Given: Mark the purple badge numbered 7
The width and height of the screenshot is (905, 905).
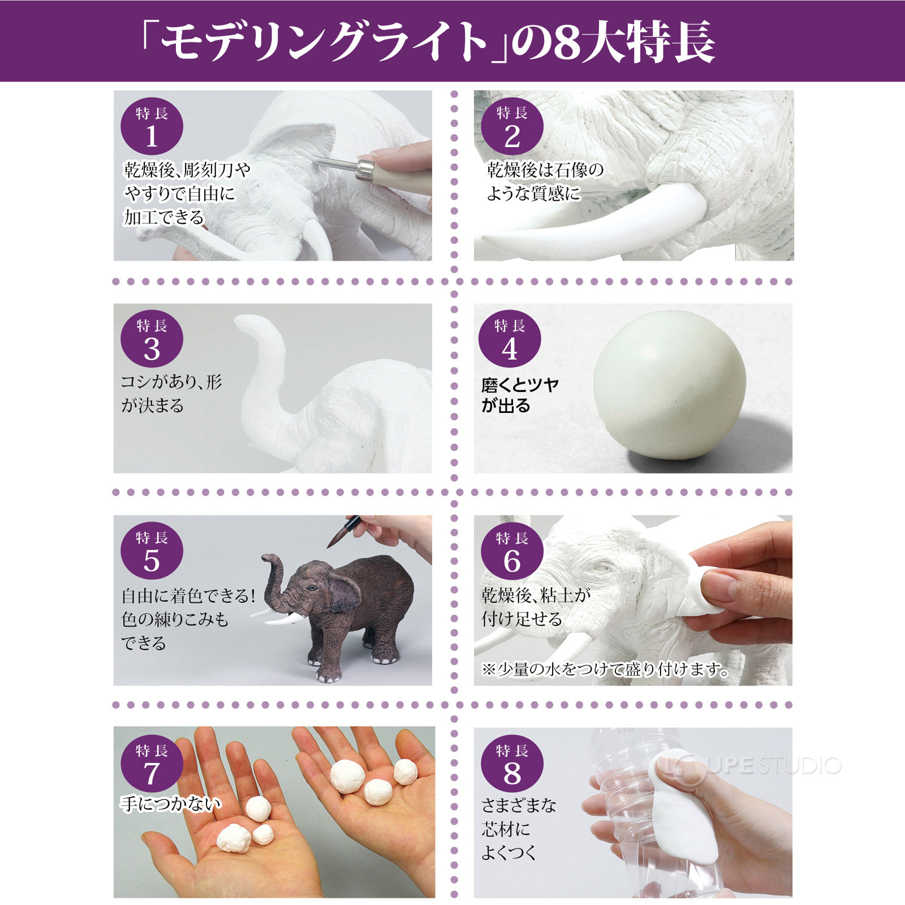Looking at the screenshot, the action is pos(152,763).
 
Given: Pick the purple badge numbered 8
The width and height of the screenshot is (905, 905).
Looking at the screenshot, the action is pos(512,763).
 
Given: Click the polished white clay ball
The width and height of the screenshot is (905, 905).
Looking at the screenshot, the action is pos(669,385).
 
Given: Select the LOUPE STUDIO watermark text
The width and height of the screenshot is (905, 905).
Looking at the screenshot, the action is pos(752,766).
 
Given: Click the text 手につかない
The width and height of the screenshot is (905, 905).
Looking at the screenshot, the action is pos(170,803).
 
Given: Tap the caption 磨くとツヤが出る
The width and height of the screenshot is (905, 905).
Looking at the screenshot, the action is pos(520,395).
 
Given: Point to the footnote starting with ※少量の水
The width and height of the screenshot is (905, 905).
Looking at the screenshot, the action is pos(605,669).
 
